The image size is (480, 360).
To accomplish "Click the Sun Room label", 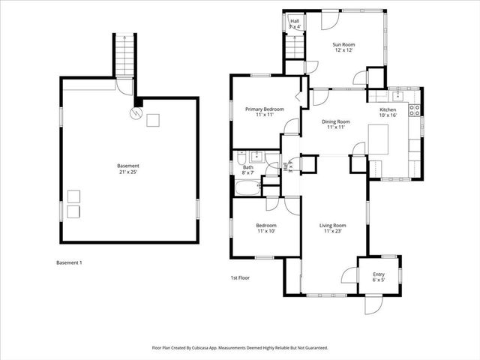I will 343,48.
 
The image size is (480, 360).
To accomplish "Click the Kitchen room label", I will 386,112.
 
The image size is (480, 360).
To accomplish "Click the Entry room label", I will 378,277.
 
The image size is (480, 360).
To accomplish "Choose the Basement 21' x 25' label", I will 127,169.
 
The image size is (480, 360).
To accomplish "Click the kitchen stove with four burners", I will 413,112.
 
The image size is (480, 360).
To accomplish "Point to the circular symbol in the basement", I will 136,114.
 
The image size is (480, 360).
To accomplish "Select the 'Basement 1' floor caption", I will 69,262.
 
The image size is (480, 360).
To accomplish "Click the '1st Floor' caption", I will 239,277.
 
